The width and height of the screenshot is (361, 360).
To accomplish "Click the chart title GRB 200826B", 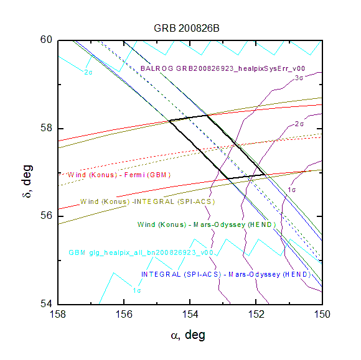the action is click(x=187, y=29).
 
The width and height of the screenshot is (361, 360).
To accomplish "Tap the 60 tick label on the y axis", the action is click(x=46, y=39).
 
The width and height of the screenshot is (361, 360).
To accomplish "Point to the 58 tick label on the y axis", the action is click(x=46, y=128).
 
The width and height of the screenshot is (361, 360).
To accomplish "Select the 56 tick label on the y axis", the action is click(x=46, y=216).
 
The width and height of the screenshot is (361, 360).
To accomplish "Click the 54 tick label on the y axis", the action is click(x=46, y=303).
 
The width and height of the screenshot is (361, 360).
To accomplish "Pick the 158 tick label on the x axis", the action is click(x=58, y=314).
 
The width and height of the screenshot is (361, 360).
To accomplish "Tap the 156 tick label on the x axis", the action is click(x=124, y=314).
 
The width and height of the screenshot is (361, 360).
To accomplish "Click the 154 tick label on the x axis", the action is click(x=190, y=314).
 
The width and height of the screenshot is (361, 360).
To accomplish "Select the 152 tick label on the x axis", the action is click(x=256, y=314).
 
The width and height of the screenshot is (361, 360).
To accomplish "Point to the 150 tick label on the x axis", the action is click(x=322, y=314).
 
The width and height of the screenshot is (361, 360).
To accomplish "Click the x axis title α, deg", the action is click(x=188, y=335).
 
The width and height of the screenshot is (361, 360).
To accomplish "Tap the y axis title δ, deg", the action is click(x=27, y=182).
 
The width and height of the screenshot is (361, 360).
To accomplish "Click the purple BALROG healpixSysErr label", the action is click(x=223, y=68).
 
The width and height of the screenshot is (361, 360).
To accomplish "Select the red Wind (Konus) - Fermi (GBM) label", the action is click(x=119, y=175).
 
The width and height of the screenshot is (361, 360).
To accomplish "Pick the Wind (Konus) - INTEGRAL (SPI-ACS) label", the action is click(x=148, y=201).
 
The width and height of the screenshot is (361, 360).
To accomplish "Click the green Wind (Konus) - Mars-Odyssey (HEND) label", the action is click(x=206, y=224).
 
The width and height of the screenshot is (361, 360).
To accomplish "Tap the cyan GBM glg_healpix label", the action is click(x=141, y=252).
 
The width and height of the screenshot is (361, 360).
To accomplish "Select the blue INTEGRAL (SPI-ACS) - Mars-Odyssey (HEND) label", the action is click(x=226, y=274).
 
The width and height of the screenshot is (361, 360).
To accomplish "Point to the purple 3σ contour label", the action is click(x=299, y=78).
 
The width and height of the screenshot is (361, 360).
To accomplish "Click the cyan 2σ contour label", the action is click(x=88, y=73).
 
